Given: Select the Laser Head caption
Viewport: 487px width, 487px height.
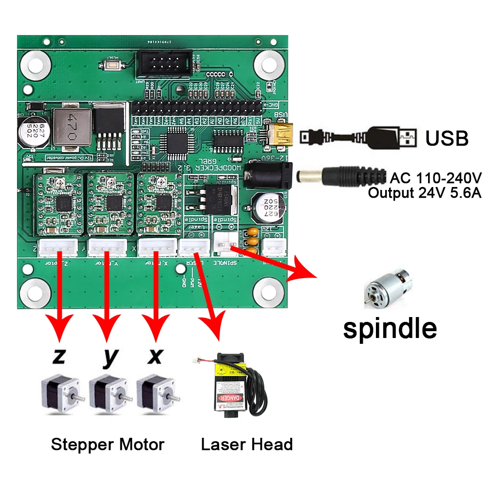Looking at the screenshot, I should click(x=247, y=444).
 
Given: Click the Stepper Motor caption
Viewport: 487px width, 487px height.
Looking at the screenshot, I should click(x=108, y=444).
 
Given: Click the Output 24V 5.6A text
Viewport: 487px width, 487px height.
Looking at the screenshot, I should click(x=424, y=193).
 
